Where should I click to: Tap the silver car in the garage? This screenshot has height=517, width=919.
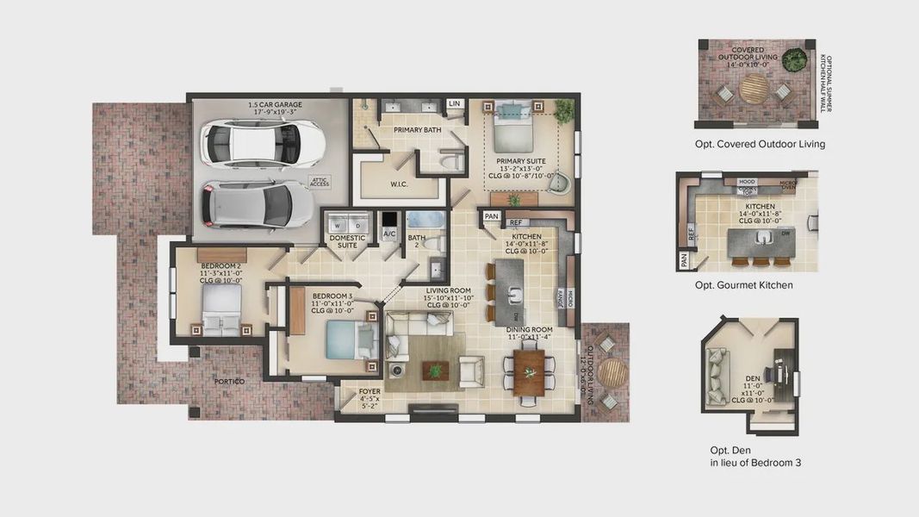(245, 205)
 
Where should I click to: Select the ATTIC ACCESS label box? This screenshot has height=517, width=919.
(320, 181)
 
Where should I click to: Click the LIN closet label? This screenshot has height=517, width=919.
(455, 104)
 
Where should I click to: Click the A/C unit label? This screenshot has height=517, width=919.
(389, 234)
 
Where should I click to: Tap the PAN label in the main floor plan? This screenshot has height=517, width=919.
(491, 216)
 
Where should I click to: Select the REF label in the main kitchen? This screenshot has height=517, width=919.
(516, 223)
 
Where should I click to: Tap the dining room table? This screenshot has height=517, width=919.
(529, 370)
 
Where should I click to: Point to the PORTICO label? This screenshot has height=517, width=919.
(229, 381)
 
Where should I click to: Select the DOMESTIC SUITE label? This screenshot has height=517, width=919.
(348, 242)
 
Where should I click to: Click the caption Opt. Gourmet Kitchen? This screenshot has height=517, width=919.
(743, 285)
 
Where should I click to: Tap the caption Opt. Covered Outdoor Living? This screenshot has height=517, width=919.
(760, 144)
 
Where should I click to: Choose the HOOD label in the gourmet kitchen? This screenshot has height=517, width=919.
(747, 182)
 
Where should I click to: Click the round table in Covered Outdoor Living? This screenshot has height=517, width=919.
(754, 87)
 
